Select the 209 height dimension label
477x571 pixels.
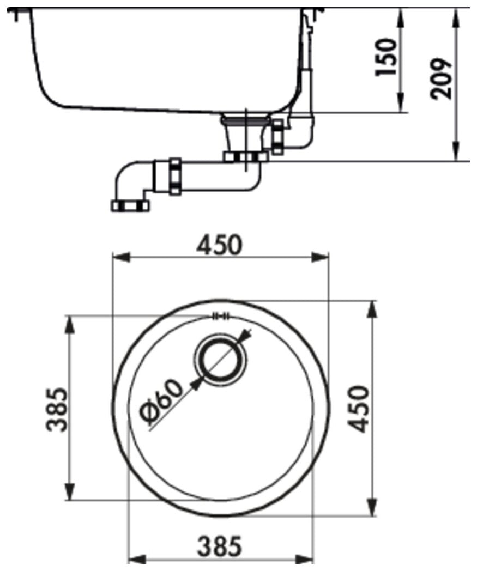pyautogui.click(x=441, y=78)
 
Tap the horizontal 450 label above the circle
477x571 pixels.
pyautogui.click(x=219, y=244)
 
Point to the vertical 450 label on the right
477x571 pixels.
pyautogui.click(x=358, y=409)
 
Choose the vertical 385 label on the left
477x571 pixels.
pyautogui.click(x=58, y=410)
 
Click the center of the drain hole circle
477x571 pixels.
pyautogui.click(x=220, y=360)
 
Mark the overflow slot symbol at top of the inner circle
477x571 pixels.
pyautogui.click(x=221, y=316)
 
